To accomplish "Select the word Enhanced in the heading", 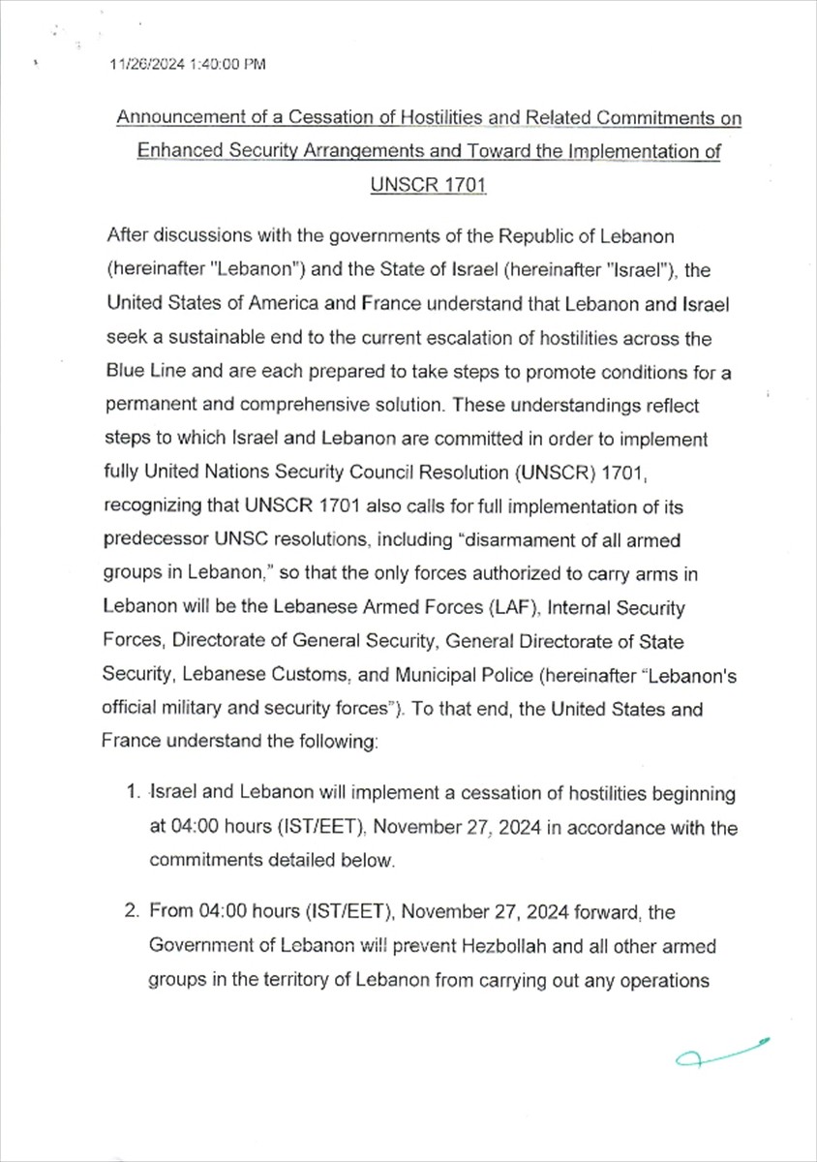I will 173,152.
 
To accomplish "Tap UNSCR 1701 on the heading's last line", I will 428,185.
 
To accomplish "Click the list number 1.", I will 135,794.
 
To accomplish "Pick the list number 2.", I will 135,911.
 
